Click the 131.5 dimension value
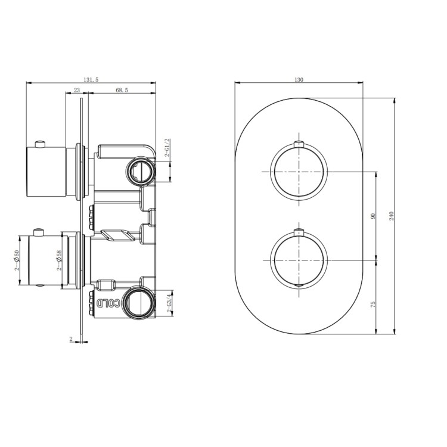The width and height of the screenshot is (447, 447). point(91,79)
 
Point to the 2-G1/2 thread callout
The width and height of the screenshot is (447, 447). point(169,147)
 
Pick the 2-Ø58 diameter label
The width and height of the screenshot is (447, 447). point(60,261)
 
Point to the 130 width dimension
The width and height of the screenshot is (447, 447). point(299,79)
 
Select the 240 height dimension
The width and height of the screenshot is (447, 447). point(392,216)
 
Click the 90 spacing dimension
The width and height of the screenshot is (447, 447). point(373,216)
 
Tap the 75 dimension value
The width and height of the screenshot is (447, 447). point(373,303)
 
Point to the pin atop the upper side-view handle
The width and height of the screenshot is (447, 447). point(40,143)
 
